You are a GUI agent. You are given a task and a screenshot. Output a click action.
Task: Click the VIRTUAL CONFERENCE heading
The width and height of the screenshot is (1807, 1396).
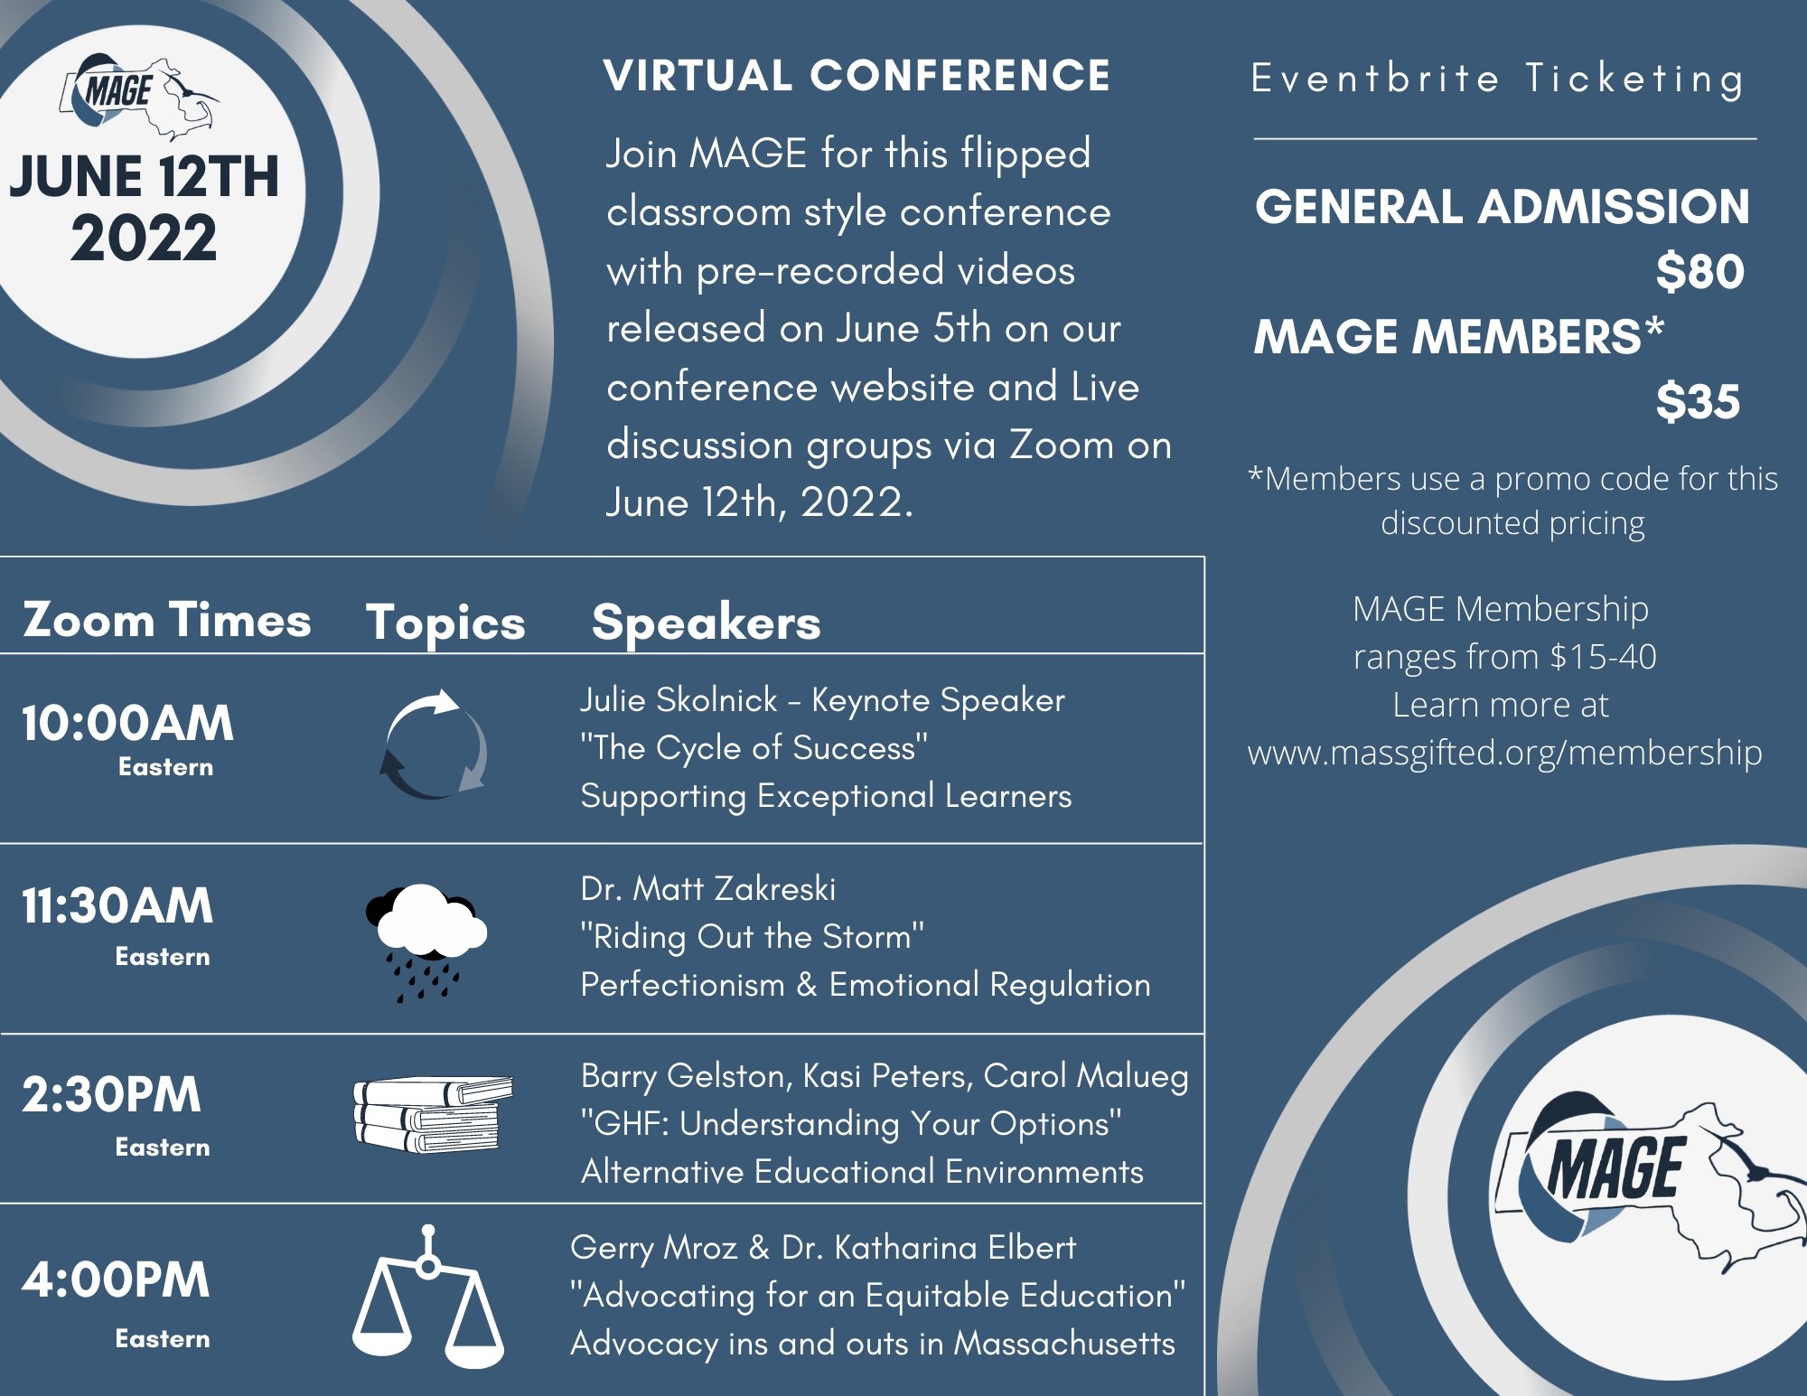(857, 76)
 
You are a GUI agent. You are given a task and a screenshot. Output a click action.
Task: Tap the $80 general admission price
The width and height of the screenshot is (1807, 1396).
(1699, 271)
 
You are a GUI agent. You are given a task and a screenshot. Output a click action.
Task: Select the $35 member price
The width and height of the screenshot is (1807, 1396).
(1697, 401)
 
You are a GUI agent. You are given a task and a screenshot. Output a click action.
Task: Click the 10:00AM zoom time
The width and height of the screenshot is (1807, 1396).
(127, 724)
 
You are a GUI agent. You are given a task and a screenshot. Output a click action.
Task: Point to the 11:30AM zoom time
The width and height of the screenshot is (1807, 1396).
(117, 905)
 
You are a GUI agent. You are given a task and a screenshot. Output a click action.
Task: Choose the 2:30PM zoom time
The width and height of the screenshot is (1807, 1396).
(111, 1094)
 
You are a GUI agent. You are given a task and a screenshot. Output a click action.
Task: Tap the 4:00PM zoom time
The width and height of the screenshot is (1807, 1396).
(116, 1279)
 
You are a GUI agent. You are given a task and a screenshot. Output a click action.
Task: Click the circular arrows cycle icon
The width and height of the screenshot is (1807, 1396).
(434, 745)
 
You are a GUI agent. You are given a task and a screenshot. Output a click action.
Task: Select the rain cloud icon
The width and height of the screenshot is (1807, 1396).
(425, 941)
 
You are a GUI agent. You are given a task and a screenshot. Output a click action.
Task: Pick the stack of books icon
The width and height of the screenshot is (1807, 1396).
(432, 1114)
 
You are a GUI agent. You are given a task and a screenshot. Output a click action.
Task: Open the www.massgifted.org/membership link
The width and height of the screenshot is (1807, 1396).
(1504, 753)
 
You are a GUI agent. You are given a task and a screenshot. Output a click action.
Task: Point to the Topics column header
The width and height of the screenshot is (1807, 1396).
(445, 623)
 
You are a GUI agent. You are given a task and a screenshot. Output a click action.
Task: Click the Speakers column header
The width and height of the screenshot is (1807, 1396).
(706, 623)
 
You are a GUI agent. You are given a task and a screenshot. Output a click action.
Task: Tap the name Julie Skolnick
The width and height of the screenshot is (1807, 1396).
(679, 700)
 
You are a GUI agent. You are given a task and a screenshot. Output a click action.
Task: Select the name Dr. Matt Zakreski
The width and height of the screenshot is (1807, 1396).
(707, 889)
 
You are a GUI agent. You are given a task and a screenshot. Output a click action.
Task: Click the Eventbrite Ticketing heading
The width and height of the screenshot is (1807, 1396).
(1498, 79)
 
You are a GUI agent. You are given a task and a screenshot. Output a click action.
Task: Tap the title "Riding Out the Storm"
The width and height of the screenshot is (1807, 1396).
(752, 937)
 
